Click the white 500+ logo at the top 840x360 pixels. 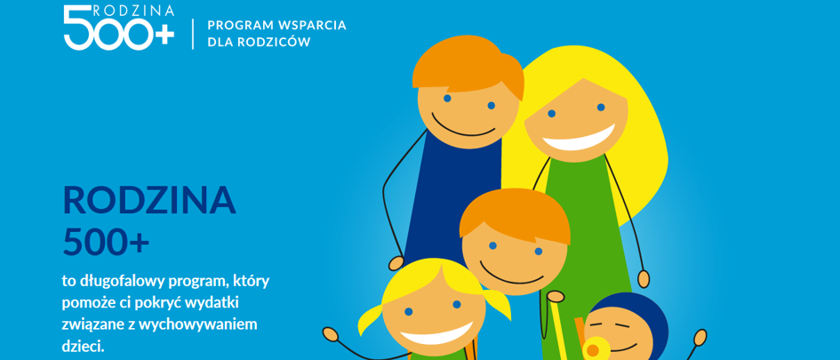[x=119, y=28]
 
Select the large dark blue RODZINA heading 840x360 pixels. [x=149, y=200]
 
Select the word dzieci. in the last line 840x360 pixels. [x=83, y=346]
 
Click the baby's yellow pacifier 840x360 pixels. [x=593, y=349]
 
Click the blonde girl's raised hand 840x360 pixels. [x=331, y=335]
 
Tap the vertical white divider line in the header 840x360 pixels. [x=193, y=33]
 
